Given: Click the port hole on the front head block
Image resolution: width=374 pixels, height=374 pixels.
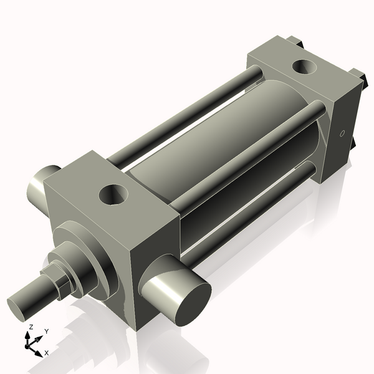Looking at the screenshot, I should pyautogui.click(x=113, y=194).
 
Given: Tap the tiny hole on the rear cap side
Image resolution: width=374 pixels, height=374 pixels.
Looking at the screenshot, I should pyautogui.click(x=342, y=133).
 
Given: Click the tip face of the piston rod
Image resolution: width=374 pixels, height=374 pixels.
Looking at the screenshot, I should pyautogui.click(x=16, y=310).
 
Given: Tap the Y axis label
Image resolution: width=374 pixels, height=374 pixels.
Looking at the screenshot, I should pyautogui.click(x=46, y=332).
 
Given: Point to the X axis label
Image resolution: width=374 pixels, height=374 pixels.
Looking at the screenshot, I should pyautogui.click(x=47, y=353).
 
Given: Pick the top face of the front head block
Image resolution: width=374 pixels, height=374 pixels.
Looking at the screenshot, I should pyautogui.click(x=112, y=187).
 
